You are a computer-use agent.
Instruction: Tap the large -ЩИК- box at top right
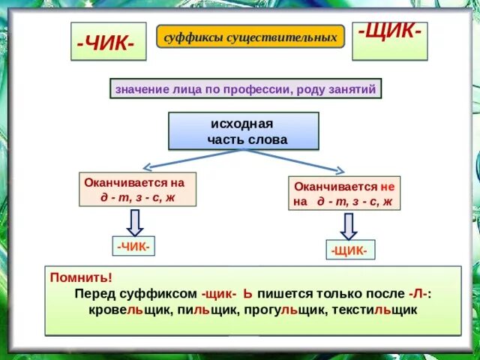(x=389, y=36)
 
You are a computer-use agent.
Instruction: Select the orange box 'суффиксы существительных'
(x=250, y=36)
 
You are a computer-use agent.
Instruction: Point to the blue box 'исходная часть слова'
(x=243, y=131)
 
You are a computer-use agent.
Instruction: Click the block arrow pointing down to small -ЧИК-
(x=134, y=222)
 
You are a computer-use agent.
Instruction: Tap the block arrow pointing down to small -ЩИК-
(x=349, y=226)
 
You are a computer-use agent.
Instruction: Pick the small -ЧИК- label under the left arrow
(x=134, y=245)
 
